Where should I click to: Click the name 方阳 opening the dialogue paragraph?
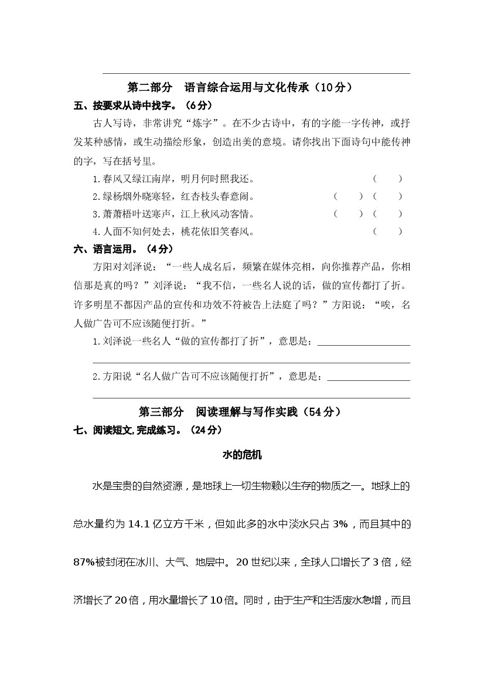(102, 267)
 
